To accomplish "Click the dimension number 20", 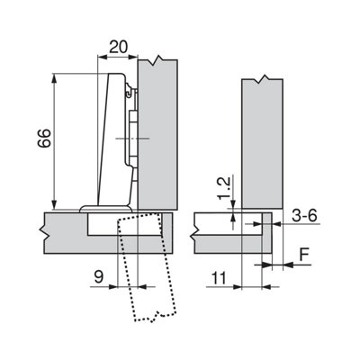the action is tap(118, 47).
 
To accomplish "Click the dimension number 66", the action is tap(44, 138).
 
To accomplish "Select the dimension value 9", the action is tap(99, 277).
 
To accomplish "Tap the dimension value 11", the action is tap(220, 279).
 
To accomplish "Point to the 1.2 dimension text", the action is tap(223, 188).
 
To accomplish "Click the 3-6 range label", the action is tap(304, 216).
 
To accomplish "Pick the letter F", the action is tap(304, 255).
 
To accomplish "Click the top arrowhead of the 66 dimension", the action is tap(54, 78).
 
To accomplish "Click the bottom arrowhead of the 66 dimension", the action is tap(54, 204).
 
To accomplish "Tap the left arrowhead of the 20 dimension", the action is tap(103, 56).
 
